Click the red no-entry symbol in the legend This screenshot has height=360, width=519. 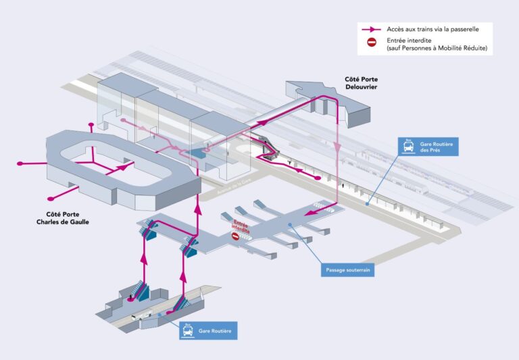[x=372, y=43]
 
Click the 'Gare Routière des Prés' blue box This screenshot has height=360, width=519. [x=428, y=145]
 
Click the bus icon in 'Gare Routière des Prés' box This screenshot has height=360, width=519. [x=409, y=145]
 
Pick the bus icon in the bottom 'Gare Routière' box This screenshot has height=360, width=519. [x=188, y=330]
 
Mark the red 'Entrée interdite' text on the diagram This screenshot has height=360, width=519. [x=241, y=226]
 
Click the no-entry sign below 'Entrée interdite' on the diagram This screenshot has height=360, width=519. [x=236, y=238]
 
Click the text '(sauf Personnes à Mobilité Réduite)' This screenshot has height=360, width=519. [x=436, y=49]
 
